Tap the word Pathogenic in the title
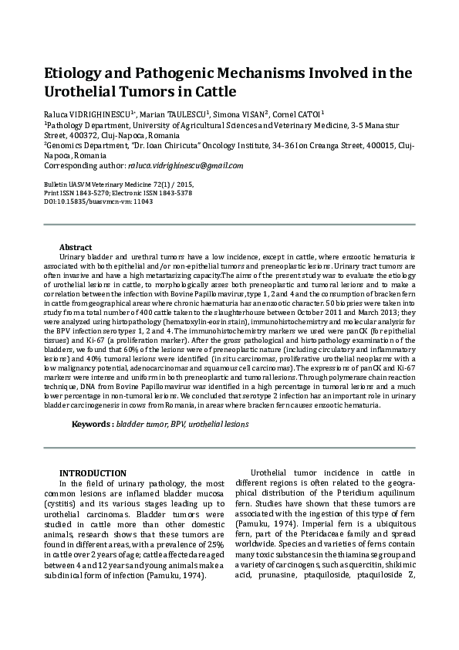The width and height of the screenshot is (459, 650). [193, 74]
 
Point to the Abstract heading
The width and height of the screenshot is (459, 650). [76, 246]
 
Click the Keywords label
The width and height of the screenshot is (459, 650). [92, 424]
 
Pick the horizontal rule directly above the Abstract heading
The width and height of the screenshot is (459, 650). [229, 225]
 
